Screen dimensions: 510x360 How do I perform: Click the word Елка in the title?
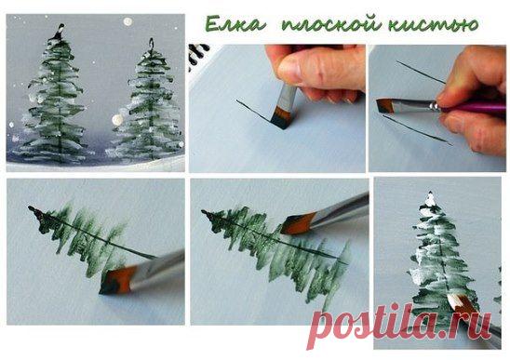point(235,24)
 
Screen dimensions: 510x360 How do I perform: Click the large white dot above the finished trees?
point(127,21)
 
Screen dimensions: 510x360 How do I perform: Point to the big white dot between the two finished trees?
point(117,120)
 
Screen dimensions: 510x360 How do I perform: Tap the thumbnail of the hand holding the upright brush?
point(277,108)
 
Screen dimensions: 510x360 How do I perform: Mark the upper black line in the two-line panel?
point(421,72)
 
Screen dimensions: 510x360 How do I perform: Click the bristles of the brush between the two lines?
point(385,106)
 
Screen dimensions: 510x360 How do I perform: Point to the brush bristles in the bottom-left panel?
point(115,280)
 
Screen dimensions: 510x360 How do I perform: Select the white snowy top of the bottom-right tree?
point(431,199)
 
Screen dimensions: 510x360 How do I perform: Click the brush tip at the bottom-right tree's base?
point(459,302)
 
